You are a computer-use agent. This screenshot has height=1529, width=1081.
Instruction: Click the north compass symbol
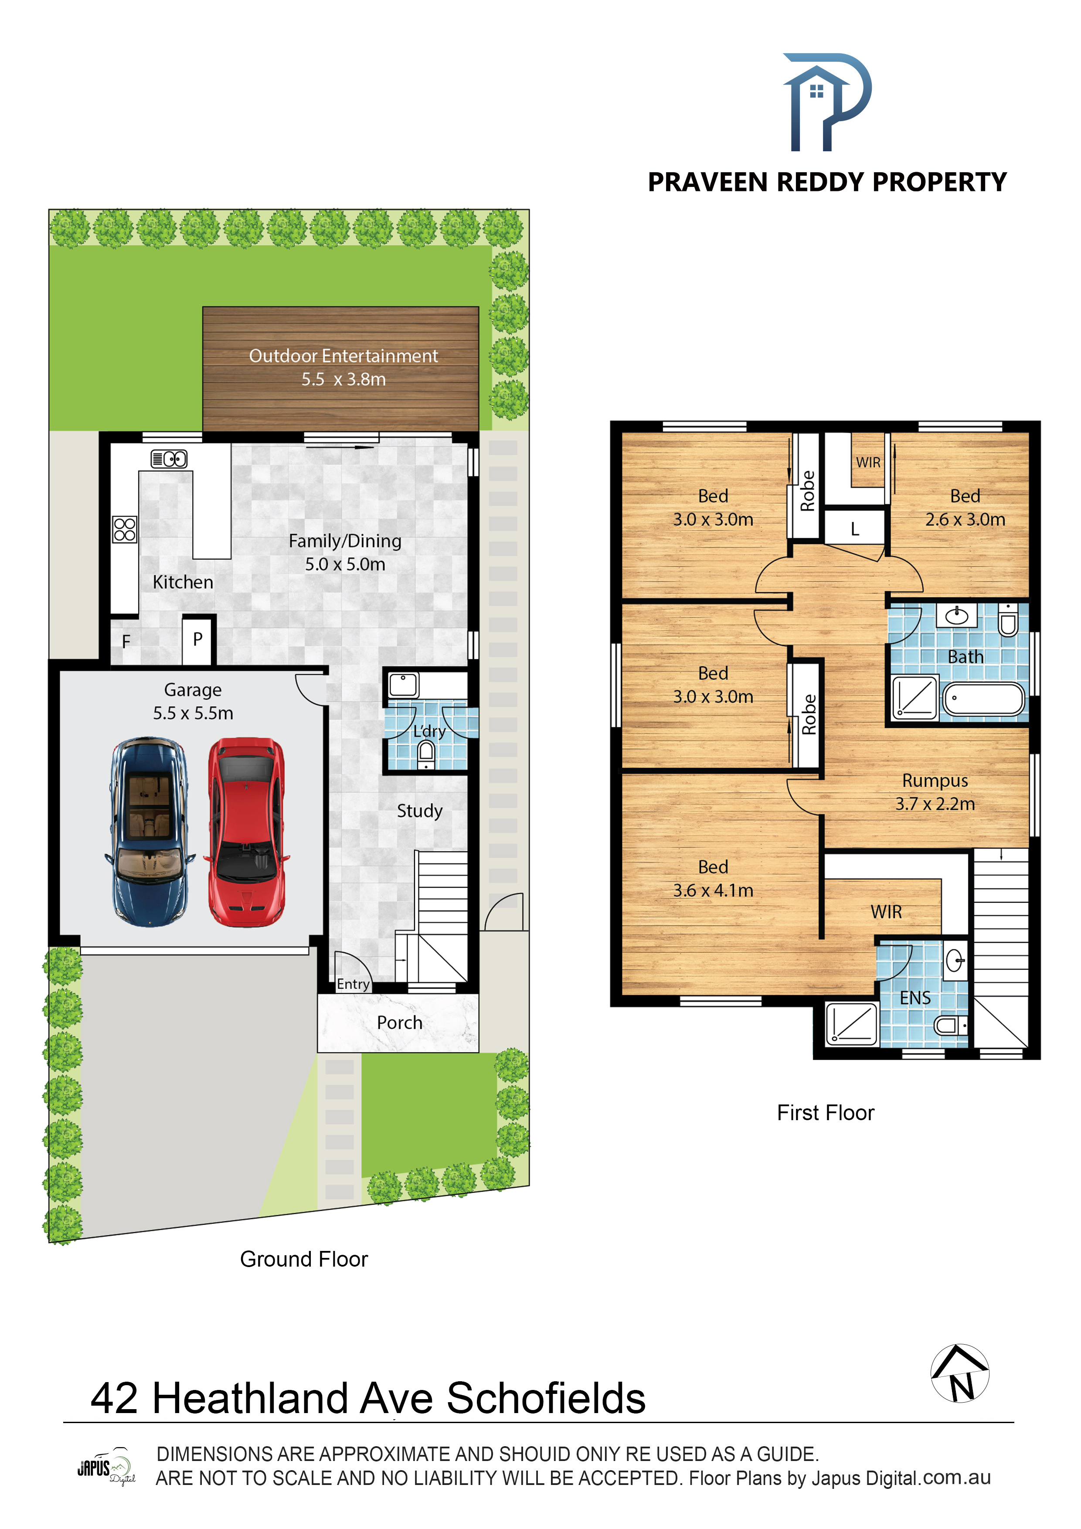[x=960, y=1373]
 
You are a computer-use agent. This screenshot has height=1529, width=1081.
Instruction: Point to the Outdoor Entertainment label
[x=343, y=356]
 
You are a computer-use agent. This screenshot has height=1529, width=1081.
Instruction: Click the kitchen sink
[x=169, y=459]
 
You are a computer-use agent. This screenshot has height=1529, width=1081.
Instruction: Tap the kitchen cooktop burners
[x=125, y=530]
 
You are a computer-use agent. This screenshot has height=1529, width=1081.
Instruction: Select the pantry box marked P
[x=198, y=640]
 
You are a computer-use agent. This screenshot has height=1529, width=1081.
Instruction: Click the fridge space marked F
[x=126, y=641]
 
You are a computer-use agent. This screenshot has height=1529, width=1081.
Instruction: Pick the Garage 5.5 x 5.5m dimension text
[x=193, y=713]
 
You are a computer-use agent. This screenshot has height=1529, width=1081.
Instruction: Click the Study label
[x=420, y=811]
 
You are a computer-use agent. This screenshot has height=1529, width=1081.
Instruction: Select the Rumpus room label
[x=935, y=781]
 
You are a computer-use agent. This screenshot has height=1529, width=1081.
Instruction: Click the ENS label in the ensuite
[x=915, y=998]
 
